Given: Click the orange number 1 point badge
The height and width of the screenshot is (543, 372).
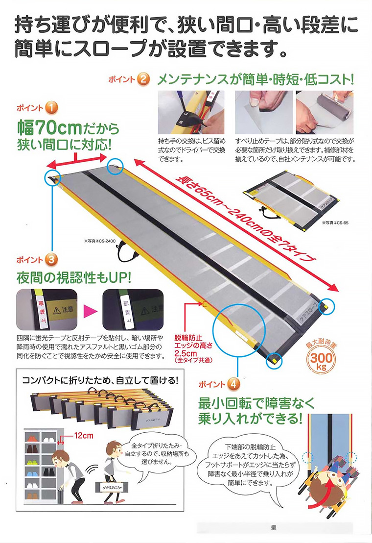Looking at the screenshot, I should [x=52, y=107].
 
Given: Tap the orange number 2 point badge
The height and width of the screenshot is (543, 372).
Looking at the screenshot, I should [x=142, y=79].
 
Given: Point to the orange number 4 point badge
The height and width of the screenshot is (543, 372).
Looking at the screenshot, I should [x=234, y=385].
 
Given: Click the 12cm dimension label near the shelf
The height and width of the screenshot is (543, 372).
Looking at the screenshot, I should [x=80, y=434].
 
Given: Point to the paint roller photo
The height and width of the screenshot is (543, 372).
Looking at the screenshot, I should [x=325, y=112].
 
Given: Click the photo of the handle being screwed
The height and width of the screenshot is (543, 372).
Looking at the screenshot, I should [x=191, y=112].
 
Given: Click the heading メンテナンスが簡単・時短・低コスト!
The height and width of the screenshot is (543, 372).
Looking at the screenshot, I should [x=255, y=79].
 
